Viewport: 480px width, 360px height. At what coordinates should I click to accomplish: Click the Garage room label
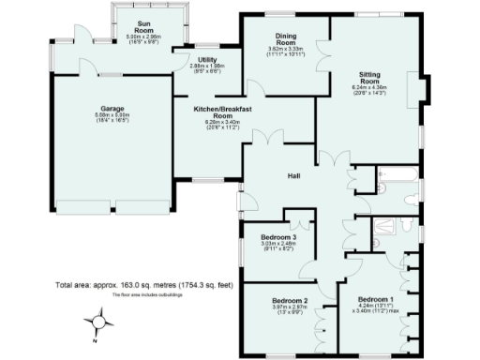click(112, 108)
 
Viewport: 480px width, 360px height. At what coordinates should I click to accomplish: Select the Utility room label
click(208, 59)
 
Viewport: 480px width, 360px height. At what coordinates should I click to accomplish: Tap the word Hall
click(294, 174)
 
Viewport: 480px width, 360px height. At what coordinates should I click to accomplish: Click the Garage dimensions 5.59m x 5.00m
click(112, 116)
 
